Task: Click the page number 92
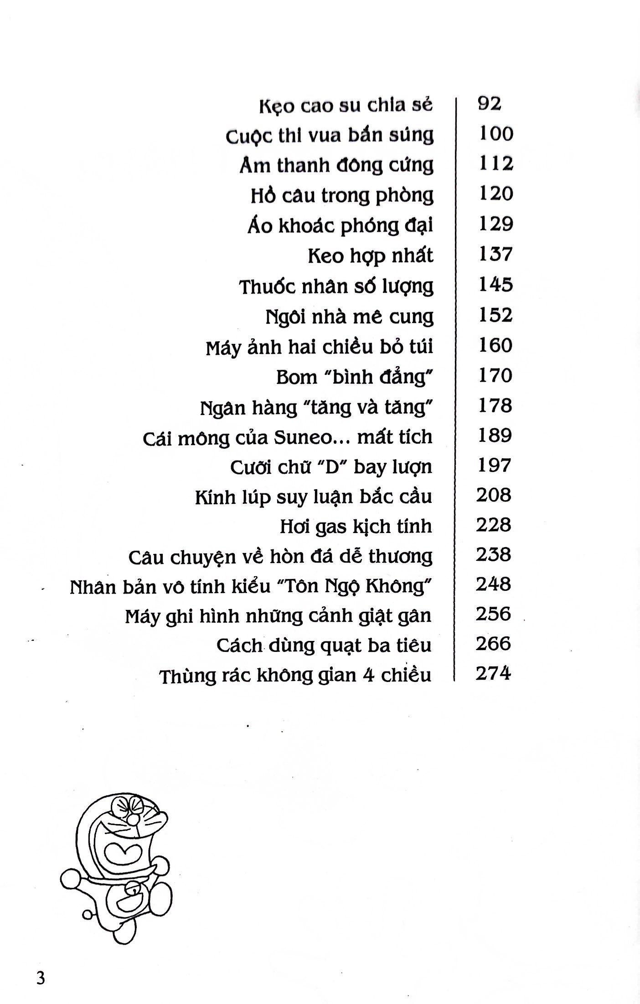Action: tap(490, 104)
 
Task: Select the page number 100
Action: tap(496, 134)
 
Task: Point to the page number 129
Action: tap(496, 224)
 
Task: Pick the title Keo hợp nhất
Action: tap(370, 256)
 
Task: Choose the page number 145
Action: tap(496, 285)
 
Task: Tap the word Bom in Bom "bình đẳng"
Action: tap(296, 377)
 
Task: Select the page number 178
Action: tap(495, 405)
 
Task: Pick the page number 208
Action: tap(494, 495)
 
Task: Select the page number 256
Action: tap(494, 614)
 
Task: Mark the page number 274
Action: tap(493, 673)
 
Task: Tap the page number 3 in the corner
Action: tap(41, 978)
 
